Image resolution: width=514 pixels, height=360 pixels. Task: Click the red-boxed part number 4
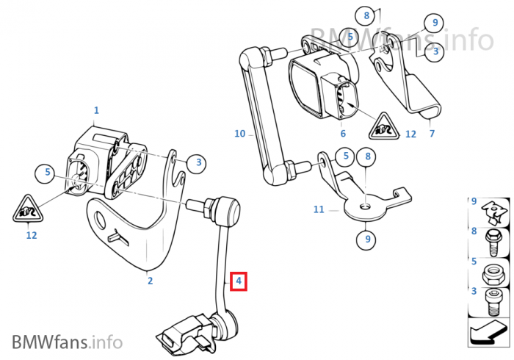(239, 281)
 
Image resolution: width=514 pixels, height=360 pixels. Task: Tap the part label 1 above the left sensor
(95, 111)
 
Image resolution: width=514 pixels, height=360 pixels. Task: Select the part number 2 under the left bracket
(149, 279)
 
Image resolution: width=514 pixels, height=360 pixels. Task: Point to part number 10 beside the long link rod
(239, 134)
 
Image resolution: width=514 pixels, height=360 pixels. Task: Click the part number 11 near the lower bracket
(318, 209)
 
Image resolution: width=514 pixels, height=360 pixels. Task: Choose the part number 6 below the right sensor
(342, 134)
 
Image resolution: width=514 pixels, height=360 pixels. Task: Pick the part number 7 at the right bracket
(432, 134)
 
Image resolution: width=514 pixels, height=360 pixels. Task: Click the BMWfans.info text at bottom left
(67, 342)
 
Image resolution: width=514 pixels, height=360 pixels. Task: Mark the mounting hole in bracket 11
(365, 206)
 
